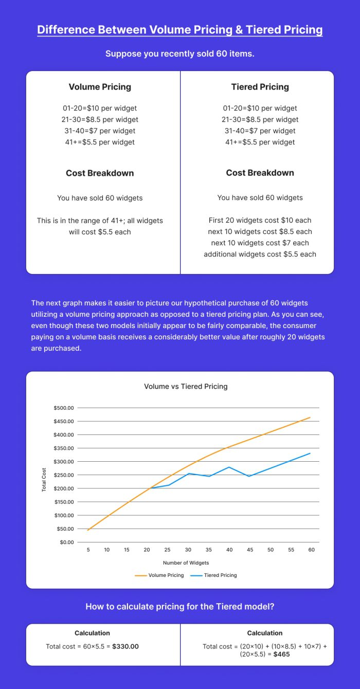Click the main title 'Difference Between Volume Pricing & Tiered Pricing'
[180, 29]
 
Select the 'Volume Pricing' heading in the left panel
[100, 87]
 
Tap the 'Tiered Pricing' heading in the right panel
[260, 87]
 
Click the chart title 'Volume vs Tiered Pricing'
[186, 386]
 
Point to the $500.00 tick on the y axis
[64, 408]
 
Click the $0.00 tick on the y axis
[67, 542]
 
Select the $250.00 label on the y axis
[64, 475]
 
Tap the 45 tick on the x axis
[249, 550]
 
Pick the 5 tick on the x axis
[88, 550]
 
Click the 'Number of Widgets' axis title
[186, 563]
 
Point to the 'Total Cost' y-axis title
[44, 479]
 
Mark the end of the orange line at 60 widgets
[310, 418]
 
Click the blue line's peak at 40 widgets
[229, 467]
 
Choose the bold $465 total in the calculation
[282, 655]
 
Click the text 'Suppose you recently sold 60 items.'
[180, 53]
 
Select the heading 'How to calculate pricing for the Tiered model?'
[180, 607]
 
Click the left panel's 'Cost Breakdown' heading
[100, 173]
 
